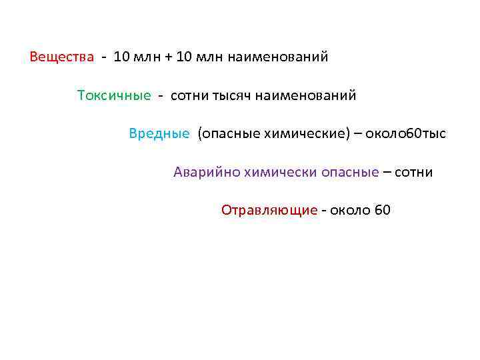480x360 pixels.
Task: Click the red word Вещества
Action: [x=62, y=57]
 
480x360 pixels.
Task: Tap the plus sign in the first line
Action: [x=166, y=57]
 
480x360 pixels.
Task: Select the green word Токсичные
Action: [x=114, y=95]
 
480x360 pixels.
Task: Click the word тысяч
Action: [x=231, y=95]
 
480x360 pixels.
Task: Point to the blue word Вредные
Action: [x=159, y=134]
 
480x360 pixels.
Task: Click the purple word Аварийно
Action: [x=206, y=173]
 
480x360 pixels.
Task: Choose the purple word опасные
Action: [x=351, y=173]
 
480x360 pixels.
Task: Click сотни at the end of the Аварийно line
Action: [x=414, y=173]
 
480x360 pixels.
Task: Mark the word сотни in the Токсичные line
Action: [x=189, y=95]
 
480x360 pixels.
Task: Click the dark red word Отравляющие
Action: [x=269, y=211]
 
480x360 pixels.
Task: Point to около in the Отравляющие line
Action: [x=350, y=211]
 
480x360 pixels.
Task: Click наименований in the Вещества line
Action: [x=278, y=57]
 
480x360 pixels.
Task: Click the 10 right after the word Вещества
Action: [x=122, y=57]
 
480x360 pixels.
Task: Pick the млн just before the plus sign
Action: [x=147, y=57]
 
